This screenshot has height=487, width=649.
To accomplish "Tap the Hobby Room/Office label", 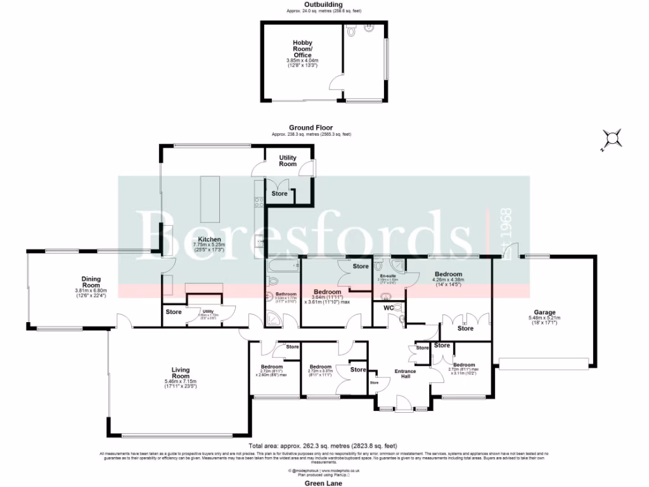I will pos(302,49).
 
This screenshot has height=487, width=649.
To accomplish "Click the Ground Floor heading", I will pos(311,127).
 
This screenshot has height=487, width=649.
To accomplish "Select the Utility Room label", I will pos(288,160).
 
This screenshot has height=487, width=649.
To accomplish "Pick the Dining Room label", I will pos(91,280).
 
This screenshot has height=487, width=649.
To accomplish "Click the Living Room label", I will pos(181,372).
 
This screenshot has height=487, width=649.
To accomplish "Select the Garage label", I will pos(544,312).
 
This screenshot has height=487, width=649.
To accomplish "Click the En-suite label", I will pos(388,276).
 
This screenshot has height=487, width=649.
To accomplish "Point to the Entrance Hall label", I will pos(406,373).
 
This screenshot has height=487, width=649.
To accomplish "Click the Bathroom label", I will pos(286,294).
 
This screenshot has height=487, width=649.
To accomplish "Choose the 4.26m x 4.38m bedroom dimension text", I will pos(448,279).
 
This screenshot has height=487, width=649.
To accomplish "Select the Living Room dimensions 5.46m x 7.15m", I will pos(181,382).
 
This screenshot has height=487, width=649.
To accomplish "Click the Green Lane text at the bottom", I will pos(324,483).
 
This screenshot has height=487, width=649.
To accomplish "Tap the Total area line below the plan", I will pos(324,446).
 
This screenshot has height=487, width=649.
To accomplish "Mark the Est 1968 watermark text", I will pos(507,233).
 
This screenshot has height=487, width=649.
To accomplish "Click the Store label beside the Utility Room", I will pos(279,193).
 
